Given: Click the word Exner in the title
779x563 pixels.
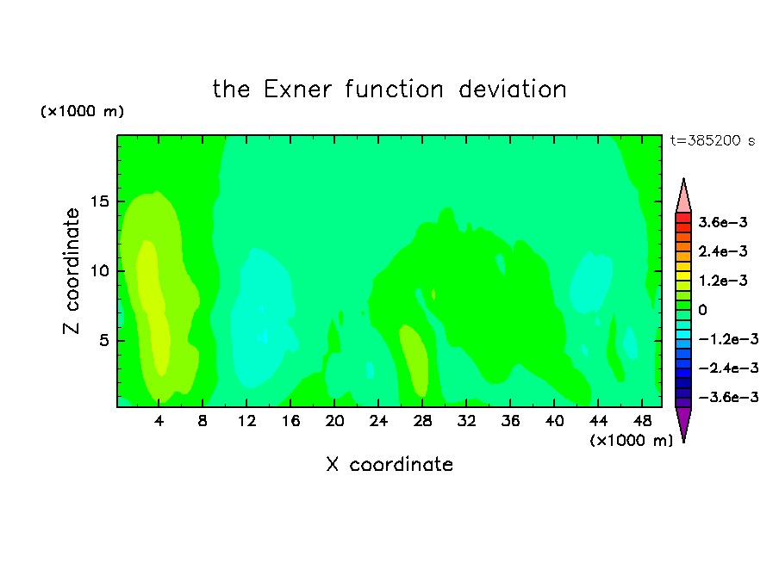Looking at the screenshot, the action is point(297,90).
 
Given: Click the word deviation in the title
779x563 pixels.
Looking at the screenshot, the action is point(512,90).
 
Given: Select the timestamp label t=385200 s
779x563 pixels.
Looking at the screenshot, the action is point(713,140).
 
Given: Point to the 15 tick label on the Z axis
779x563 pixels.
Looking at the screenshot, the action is point(99,201).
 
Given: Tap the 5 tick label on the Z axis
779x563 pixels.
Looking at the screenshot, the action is point(103,341).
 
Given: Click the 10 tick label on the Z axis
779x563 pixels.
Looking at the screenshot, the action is point(99,271).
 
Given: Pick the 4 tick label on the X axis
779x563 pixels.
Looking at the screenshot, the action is point(159,422).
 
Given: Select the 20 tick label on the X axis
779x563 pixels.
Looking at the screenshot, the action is point(334,422).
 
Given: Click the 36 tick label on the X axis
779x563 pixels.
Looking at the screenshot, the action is point(510,422).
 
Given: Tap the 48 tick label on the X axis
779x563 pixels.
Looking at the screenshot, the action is point(642,422).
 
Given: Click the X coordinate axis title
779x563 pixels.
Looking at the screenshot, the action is point(389,465).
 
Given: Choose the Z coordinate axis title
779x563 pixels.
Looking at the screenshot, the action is point(72,271).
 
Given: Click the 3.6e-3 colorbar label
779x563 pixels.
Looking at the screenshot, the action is point(723,222).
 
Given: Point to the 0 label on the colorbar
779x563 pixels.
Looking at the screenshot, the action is point(702,310).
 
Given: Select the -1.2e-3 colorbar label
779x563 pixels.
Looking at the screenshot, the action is point(728,339).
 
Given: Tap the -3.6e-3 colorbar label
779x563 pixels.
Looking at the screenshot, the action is point(728,397).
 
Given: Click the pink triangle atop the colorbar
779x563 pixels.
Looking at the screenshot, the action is point(683,198).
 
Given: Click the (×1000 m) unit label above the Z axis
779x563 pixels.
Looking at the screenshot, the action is point(82,111).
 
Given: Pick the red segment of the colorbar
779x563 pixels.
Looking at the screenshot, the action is point(683,218).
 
